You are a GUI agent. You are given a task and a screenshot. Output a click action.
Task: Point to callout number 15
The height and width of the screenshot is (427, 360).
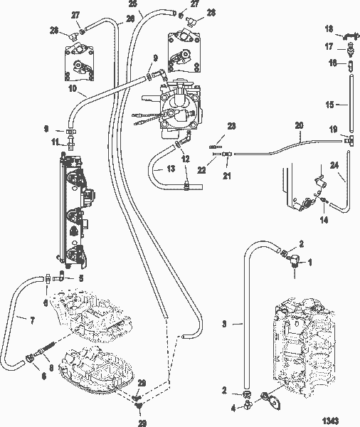coord(329,104)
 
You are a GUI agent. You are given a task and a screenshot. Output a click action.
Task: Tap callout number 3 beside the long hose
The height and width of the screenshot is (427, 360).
coord(225,324)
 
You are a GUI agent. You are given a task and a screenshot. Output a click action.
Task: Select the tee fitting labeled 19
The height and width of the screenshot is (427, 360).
coord(350,141)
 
